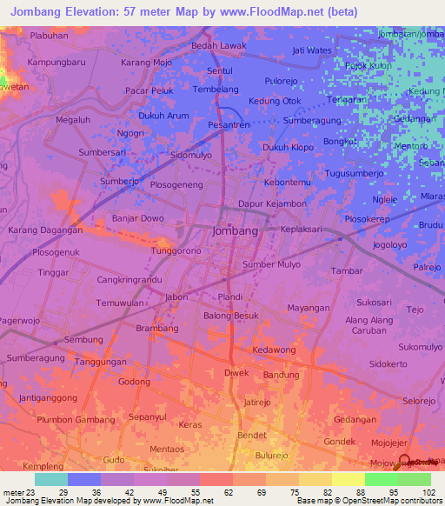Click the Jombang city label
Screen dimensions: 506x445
pos(235,232)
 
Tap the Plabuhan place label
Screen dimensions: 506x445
pos(49,36)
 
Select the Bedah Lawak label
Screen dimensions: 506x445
pos(219,45)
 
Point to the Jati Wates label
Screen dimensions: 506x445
pos(312,50)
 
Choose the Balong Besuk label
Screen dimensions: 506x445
pos(231,316)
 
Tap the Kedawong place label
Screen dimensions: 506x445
pos(274,350)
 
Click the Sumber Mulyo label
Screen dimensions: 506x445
pos(271,264)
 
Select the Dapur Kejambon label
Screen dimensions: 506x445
pos(272,203)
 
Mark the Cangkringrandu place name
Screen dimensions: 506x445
pos(130,281)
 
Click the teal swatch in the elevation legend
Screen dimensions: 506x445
pos(50,479)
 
